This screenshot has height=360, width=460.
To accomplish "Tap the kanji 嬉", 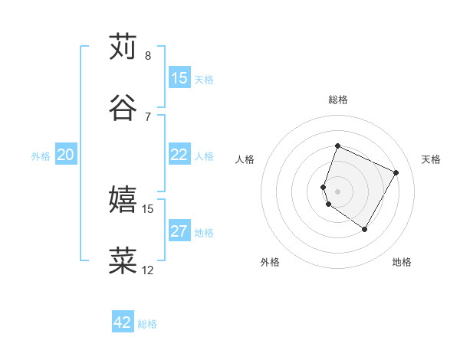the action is coord(123,200).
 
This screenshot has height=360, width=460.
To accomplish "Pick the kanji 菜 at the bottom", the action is coord(123,261).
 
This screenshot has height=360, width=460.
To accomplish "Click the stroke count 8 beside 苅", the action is coord(148,55).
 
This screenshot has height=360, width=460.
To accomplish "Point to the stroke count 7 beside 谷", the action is coord(148,116).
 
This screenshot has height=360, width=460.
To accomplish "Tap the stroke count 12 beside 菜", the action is coord(148,270).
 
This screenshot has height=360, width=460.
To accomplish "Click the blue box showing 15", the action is coord(179,78).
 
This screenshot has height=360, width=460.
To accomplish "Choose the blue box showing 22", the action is coord(179,155).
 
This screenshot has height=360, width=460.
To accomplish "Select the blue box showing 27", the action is coord(179,231).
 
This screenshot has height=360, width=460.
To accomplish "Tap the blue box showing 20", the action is coord(65,155).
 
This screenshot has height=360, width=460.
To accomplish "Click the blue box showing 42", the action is coord(123,322).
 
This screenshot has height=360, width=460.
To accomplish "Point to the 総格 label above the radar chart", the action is coord(337,100).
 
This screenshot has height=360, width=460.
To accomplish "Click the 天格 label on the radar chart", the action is coord(431,159).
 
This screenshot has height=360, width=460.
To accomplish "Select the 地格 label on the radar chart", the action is coord(402,262).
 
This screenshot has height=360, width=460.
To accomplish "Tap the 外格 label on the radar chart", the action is coord(270,262).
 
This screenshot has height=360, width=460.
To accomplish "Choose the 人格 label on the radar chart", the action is coord(245,159).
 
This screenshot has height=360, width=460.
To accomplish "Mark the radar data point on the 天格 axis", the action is coord(396,172).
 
